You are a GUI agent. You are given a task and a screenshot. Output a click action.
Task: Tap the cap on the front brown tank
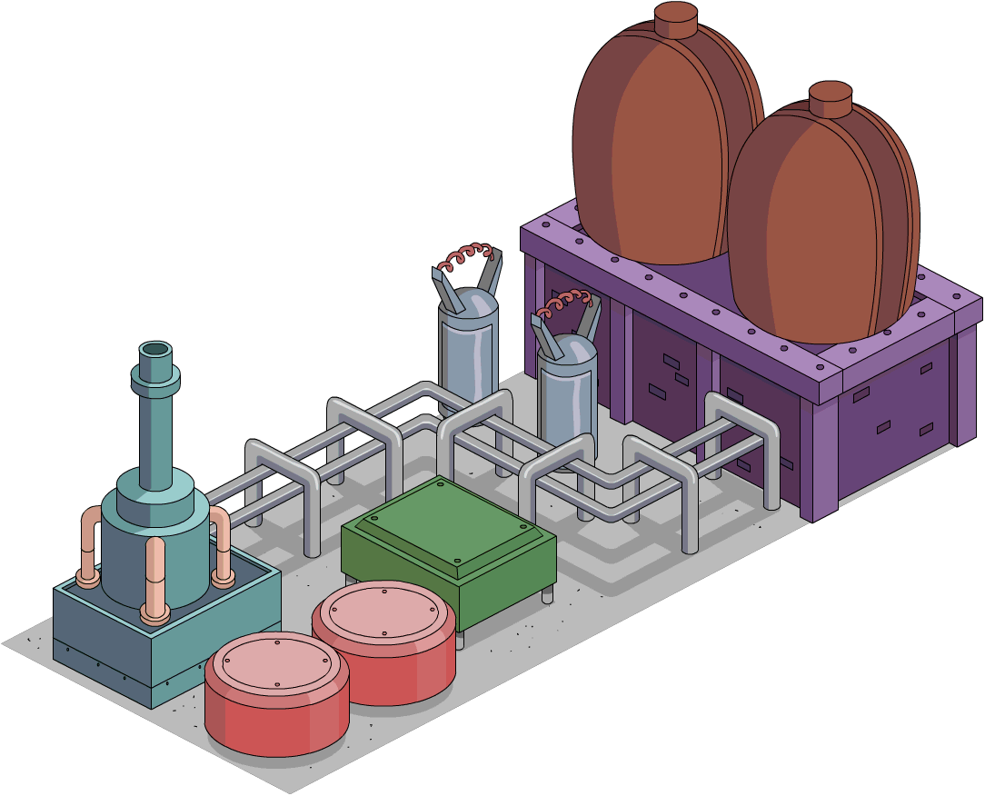[830, 98]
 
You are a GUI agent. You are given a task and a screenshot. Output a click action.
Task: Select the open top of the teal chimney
[155, 350]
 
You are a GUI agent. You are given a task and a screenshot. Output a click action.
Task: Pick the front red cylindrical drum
[276, 695]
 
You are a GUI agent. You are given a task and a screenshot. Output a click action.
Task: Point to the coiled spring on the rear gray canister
[467, 256]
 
